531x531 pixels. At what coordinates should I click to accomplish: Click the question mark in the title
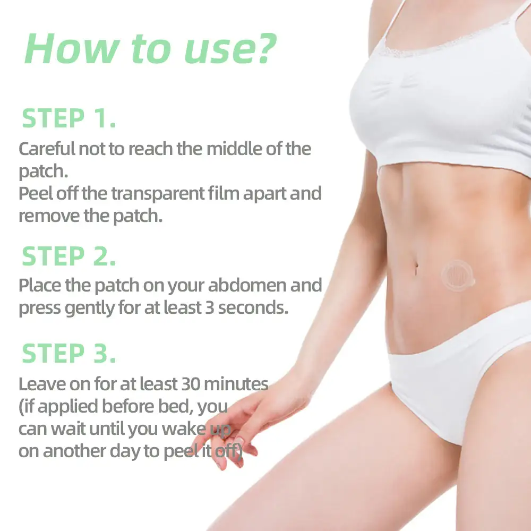(x=267, y=48)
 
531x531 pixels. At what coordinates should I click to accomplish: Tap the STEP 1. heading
(x=68, y=118)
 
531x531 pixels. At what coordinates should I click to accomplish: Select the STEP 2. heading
(x=68, y=256)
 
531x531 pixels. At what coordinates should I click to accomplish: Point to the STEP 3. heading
(x=68, y=353)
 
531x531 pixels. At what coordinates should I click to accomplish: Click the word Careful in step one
(x=47, y=149)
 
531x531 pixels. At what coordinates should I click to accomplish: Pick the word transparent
(x=158, y=194)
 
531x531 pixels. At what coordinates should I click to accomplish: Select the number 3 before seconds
(x=210, y=308)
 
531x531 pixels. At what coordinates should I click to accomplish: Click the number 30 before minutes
(x=191, y=384)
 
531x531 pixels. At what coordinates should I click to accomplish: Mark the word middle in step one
(x=234, y=149)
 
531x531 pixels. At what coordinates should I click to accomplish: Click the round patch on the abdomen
(x=457, y=276)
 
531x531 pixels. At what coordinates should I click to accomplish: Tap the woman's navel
(x=416, y=268)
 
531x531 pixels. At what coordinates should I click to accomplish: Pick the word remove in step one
(x=49, y=217)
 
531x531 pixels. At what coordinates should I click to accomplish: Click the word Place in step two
(x=40, y=285)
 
